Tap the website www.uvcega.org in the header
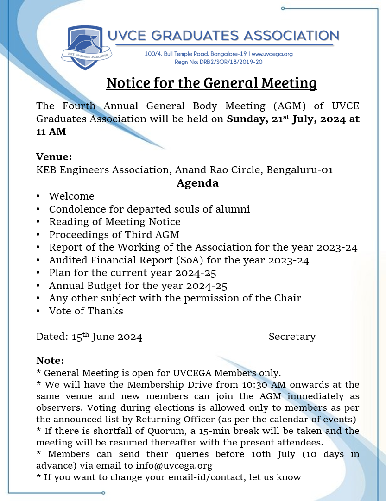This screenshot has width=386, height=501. tap(272, 54)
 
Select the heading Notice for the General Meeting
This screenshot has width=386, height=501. tap(211, 83)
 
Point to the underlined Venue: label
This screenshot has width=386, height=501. tap(54, 157)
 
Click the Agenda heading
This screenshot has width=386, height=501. tap(197, 183)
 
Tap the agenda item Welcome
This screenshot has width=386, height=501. tap(71, 196)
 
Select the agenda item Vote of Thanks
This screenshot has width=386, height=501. tap(86, 311)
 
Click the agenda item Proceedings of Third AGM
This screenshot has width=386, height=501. tap(114, 234)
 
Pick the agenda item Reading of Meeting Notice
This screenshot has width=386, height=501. tap(114, 222)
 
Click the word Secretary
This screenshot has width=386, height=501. tap(292, 337)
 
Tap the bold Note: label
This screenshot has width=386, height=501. tap(50, 361)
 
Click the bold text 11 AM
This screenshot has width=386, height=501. tap(51, 132)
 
